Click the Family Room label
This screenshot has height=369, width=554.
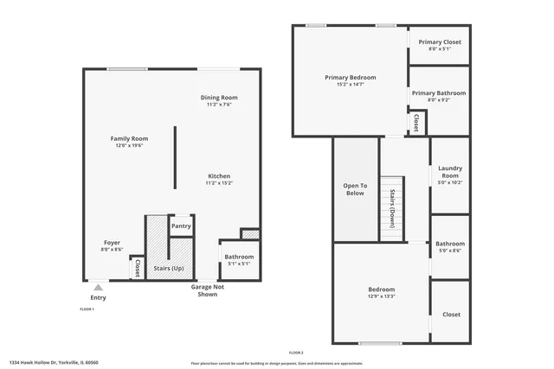129,138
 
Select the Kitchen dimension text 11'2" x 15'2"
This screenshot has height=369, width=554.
218,183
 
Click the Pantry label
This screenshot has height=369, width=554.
181,226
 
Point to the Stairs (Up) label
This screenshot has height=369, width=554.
168,269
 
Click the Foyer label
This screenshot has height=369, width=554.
112,243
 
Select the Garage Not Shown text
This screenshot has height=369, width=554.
208,290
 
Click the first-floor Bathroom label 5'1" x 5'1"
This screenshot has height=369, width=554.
239,257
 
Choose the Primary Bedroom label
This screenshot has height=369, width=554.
350,78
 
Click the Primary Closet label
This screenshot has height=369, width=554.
440,41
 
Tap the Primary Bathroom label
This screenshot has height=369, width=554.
439,93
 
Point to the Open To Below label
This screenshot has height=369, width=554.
355,189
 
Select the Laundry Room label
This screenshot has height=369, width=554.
450,172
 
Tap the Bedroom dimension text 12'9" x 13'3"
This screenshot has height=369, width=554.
382,296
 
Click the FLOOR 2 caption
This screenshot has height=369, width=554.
296,353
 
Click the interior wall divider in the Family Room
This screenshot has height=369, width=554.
175,158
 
